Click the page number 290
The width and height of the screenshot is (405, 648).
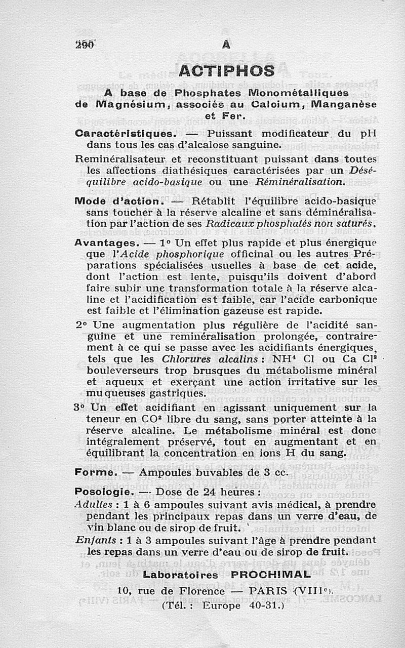(x=85, y=44)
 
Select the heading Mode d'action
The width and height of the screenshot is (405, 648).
(x=116, y=201)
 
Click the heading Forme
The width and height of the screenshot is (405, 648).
(x=95, y=472)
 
